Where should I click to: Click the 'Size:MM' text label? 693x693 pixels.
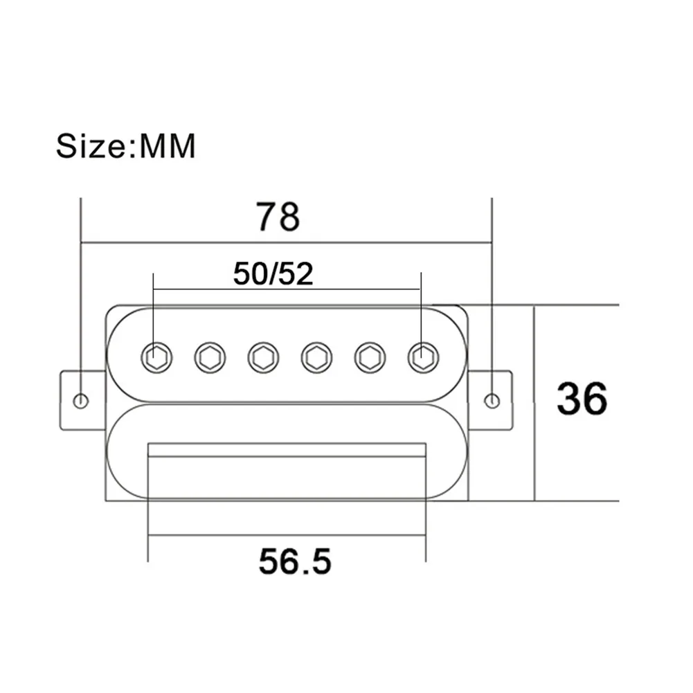(x=125, y=146)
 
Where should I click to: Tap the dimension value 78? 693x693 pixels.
(x=278, y=217)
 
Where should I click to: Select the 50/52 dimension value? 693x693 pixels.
(x=273, y=274)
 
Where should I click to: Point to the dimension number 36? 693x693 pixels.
(x=582, y=399)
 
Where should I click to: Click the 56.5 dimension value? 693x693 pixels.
(x=295, y=561)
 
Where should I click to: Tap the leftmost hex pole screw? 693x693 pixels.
(x=156, y=357)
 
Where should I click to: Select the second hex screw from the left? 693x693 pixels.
(x=210, y=357)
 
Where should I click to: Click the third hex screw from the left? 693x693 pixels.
(x=263, y=357)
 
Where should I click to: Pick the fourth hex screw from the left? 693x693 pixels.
(x=316, y=357)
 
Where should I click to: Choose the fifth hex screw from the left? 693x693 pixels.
(x=370, y=357)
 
